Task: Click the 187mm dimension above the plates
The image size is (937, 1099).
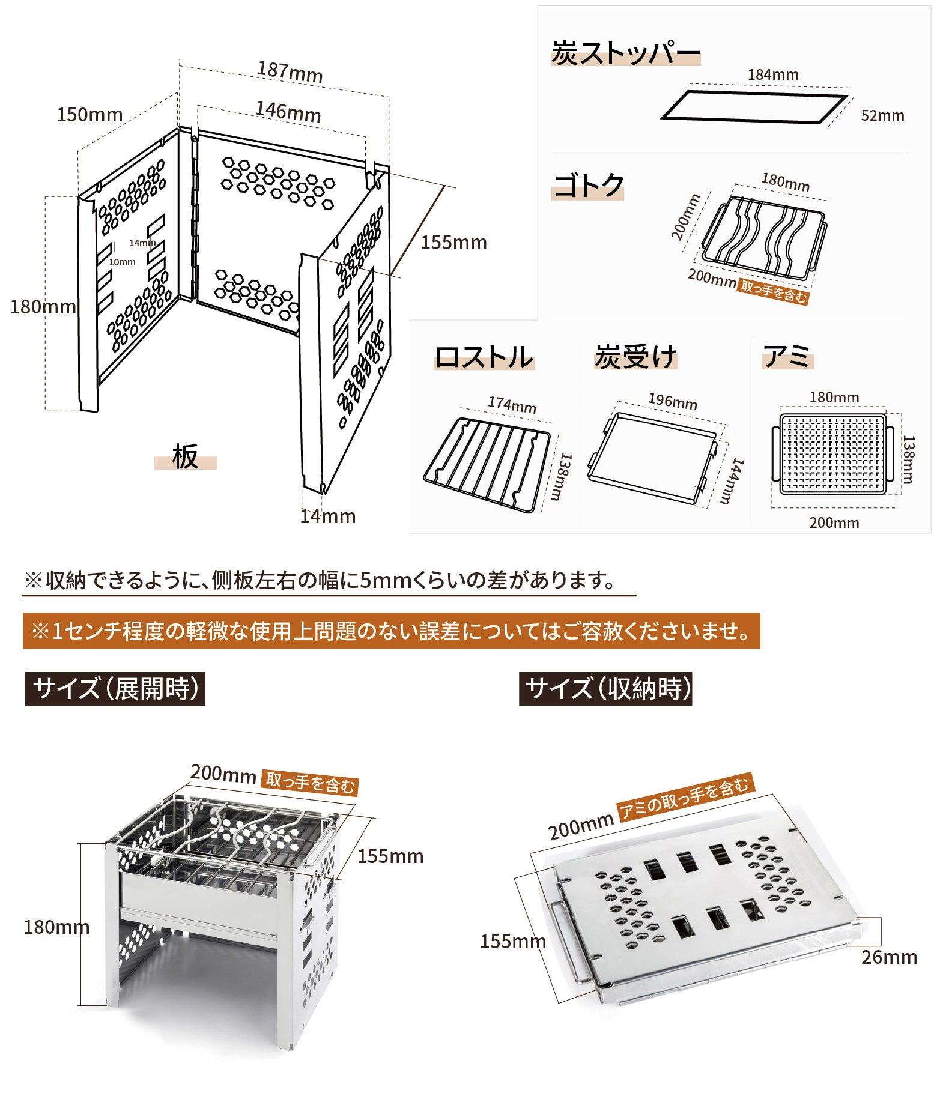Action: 290,72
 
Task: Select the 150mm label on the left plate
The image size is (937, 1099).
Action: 89,114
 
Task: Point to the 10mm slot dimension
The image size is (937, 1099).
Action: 122,262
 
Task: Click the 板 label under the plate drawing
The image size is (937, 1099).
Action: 185,458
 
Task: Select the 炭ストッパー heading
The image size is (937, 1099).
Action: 625,54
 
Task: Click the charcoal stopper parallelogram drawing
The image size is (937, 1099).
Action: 754,108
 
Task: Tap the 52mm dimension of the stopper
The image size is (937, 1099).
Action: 882,116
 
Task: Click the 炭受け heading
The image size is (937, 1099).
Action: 635,357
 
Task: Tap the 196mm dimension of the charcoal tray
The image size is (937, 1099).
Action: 672,401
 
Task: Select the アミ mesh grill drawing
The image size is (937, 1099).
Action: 832,453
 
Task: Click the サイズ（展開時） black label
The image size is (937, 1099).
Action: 115,689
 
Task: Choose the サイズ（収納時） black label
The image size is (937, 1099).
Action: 605,689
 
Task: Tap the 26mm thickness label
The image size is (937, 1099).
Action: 889,957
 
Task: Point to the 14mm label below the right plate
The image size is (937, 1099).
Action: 328,516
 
